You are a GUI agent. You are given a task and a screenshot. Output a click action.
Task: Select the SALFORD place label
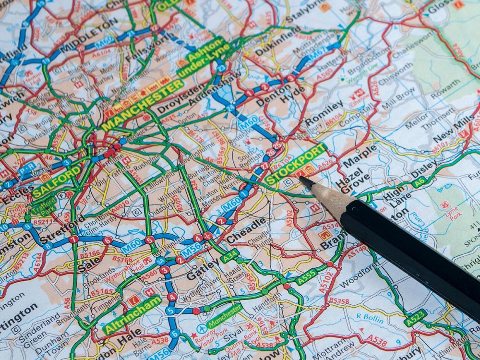(x=57, y=181)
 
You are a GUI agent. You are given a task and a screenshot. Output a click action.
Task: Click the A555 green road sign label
(x=307, y=276)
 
